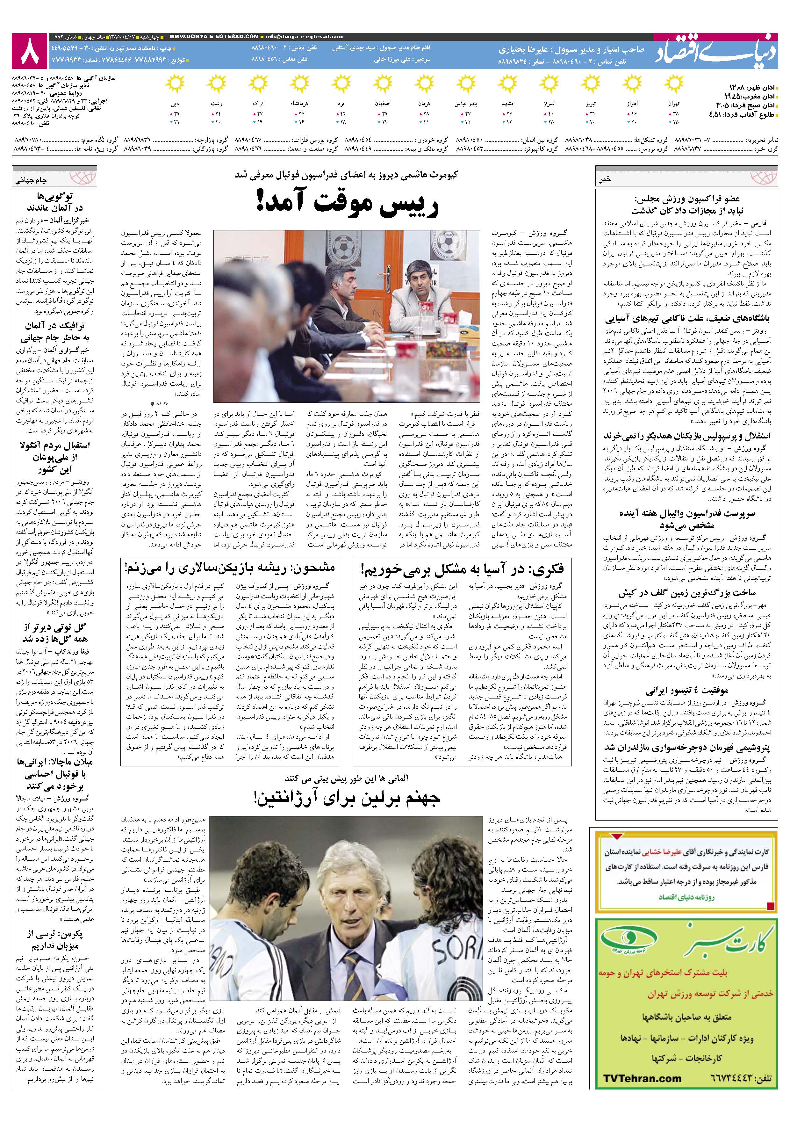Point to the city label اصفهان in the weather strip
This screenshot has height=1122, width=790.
(x=383, y=105)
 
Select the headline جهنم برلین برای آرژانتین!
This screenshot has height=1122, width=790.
(x=347, y=798)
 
